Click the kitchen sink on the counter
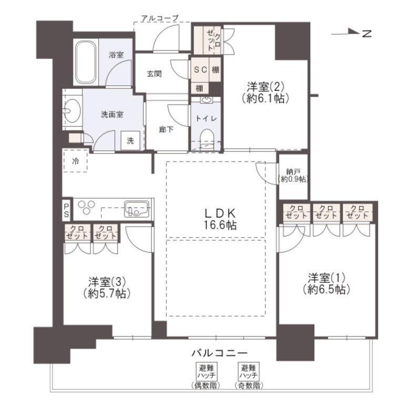click(x=136, y=209)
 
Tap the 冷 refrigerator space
click(x=76, y=161)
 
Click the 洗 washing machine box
click(x=130, y=141)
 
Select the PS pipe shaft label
click(x=66, y=211)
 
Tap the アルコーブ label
click(x=159, y=18)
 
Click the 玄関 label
click(x=154, y=74)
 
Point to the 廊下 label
click(x=166, y=129)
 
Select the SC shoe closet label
click(x=201, y=69)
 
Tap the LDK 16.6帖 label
click(x=220, y=219)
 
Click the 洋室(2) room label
click(x=265, y=87)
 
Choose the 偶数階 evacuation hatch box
click(x=206, y=371)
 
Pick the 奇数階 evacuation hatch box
click(x=249, y=371)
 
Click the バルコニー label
click(x=219, y=353)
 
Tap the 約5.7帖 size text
click(x=107, y=294)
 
